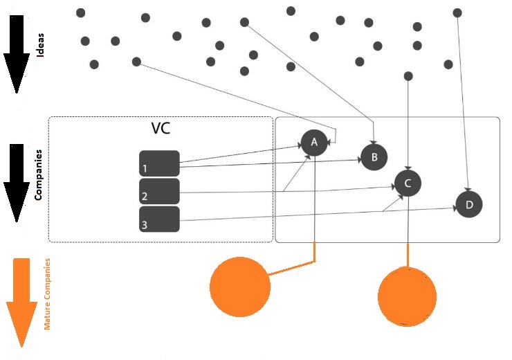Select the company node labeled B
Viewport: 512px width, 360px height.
[374, 157]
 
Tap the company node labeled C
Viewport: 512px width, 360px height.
[408, 183]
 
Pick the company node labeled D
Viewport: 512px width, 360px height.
[469, 205]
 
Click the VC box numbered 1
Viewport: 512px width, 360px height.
[160, 163]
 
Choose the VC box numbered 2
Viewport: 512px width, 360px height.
[160, 191]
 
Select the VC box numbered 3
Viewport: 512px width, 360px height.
[160, 219]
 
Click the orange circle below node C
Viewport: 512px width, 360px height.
[408, 296]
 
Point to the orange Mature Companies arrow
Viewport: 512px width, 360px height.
[21, 301]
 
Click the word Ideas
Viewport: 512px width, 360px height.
[40, 43]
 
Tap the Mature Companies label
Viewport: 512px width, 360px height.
[47, 294]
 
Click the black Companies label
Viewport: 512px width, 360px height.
[39, 174]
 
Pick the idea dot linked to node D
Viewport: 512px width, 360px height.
[457, 12]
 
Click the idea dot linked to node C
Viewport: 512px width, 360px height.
[408, 75]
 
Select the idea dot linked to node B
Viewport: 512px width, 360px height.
[244, 22]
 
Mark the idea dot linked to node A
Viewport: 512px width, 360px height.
[136, 62]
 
